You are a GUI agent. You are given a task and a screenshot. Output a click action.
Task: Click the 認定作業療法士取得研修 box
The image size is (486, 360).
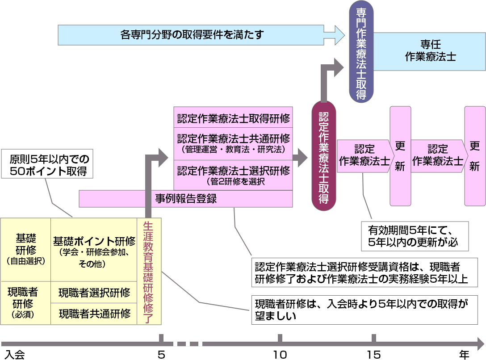(x=233, y=118)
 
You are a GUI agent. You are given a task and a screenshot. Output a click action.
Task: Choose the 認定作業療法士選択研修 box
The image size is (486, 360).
(x=233, y=175)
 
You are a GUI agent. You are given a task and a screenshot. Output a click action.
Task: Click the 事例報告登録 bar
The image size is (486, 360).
(x=186, y=199)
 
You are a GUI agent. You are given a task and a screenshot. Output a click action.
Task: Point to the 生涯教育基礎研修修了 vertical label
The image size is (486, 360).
(x=149, y=271)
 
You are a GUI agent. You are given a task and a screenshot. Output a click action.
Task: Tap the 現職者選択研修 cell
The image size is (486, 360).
(x=94, y=293)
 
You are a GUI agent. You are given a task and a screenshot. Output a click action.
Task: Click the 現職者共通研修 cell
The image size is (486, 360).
(x=94, y=314)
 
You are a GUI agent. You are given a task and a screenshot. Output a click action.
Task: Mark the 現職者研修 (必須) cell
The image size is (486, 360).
(x=26, y=303)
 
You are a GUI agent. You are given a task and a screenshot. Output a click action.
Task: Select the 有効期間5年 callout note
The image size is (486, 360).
(x=415, y=236)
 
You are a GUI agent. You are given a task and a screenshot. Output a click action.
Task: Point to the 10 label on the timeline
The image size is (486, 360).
(x=280, y=355)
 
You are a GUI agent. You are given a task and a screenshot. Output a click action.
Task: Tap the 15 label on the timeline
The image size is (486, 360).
(x=374, y=355)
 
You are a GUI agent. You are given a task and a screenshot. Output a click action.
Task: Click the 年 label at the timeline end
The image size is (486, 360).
(x=465, y=355)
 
